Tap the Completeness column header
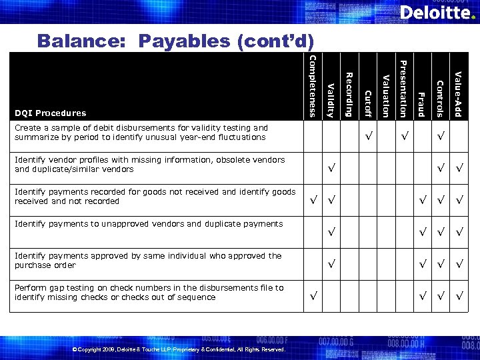[x=312, y=86]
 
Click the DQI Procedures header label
[x=51, y=113]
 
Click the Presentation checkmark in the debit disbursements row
[x=403, y=136]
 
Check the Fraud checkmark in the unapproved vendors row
[x=421, y=232]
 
